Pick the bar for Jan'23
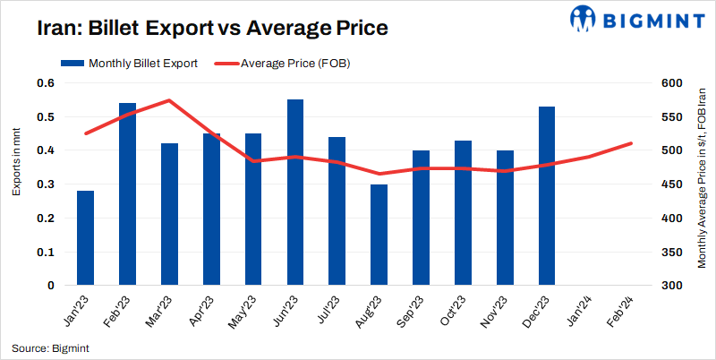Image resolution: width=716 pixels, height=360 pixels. pyautogui.click(x=85, y=238)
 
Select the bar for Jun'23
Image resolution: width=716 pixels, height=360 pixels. pyautogui.click(x=295, y=193)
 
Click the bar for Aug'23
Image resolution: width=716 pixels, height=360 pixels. pyautogui.click(x=379, y=235)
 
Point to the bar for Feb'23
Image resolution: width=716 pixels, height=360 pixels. pyautogui.click(x=127, y=194)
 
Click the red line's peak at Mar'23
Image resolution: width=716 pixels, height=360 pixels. pyautogui.click(x=169, y=100)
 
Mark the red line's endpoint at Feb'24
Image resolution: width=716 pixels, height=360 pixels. pyautogui.click(x=631, y=143)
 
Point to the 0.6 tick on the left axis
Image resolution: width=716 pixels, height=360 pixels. pyautogui.click(x=46, y=83)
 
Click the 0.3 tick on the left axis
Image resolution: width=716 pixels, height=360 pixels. pyautogui.click(x=46, y=184)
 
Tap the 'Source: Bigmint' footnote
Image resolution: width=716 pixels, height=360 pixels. pyautogui.click(x=50, y=347)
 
